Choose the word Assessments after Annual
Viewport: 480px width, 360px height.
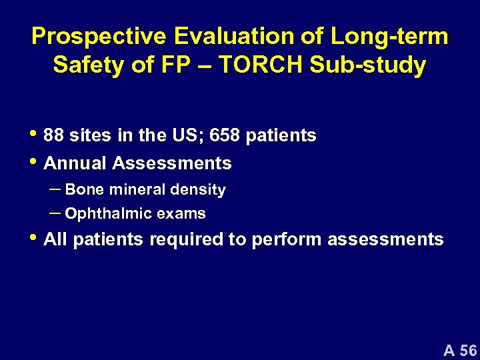[172, 163]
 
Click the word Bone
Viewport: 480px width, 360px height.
[85, 190]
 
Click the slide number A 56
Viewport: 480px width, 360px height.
[460, 349]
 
